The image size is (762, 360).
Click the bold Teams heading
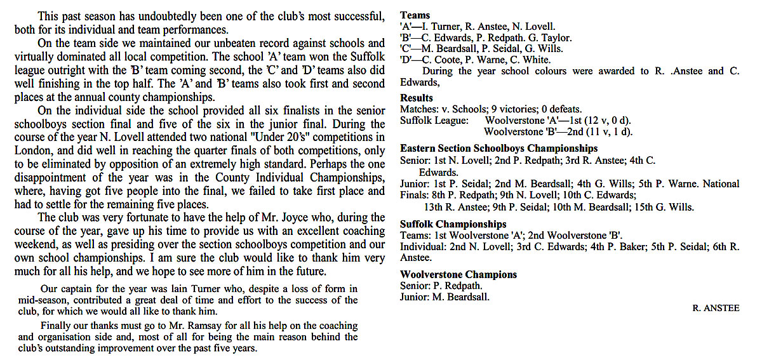click(415, 15)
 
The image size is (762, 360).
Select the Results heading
click(417, 98)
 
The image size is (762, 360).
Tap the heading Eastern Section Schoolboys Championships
click(498, 149)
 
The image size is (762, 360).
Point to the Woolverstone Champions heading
click(458, 275)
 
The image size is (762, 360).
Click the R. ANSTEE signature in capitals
click(716, 308)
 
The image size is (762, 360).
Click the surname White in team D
click(537, 60)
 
